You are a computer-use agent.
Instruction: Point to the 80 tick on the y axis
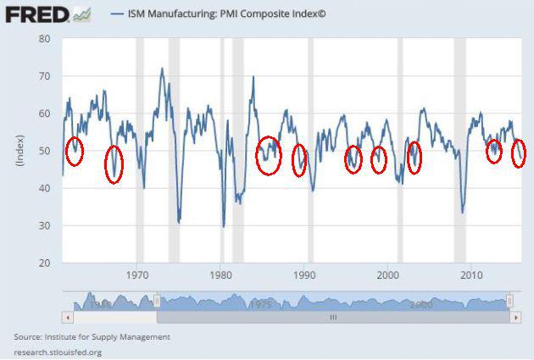[45, 39]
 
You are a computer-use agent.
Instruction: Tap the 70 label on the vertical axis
[45, 76]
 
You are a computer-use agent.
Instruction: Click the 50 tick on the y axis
[45, 151]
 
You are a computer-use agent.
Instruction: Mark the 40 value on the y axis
[45, 188]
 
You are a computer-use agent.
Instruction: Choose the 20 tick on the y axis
[45, 263]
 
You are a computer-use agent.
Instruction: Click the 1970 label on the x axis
[137, 274]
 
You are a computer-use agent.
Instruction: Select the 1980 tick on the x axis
[220, 274]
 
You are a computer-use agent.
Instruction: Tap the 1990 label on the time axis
[304, 274]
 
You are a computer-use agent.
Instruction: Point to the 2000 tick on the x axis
[387, 274]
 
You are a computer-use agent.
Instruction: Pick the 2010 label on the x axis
[470, 274]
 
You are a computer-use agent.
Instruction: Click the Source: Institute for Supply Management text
[92, 337]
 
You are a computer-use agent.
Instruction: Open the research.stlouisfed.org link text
[58, 351]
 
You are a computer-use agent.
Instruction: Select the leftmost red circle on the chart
[75, 151]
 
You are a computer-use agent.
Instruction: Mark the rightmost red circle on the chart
[519, 153]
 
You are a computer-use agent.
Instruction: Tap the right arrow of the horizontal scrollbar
[515, 317]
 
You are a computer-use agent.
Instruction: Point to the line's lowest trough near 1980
[224, 225]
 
